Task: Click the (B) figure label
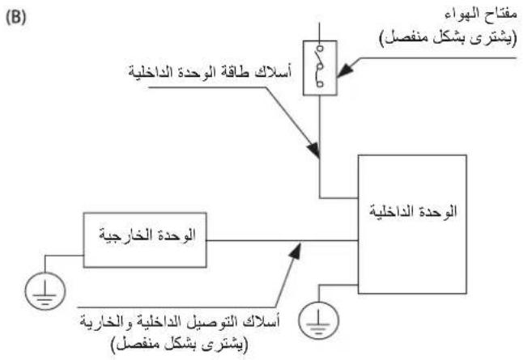pos(15,18)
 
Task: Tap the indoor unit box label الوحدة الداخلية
pos(413,211)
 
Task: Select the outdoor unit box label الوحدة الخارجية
pos(147,235)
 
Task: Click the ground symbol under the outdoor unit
pos(45,291)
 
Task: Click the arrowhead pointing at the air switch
pos(343,70)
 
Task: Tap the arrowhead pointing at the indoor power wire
pos(314,150)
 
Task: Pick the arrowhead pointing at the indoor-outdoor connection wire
pos(296,250)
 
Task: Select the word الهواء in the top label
pos(461,15)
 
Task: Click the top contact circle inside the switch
pos(320,49)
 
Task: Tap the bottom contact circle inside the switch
pos(320,84)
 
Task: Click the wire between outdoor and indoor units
pos(283,240)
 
